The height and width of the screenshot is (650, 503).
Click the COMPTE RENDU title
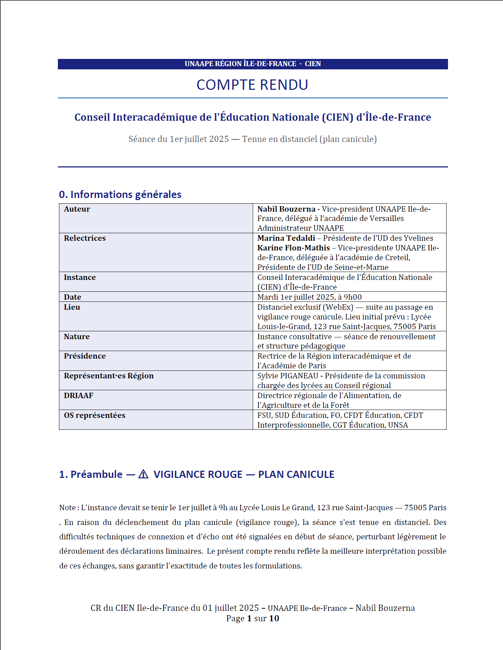click(x=252, y=85)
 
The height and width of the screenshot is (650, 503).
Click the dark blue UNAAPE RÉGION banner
click(x=252, y=64)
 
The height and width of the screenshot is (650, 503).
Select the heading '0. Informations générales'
click(x=120, y=194)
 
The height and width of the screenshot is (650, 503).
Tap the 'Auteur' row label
click(x=77, y=209)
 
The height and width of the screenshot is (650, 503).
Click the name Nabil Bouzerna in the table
click(x=286, y=209)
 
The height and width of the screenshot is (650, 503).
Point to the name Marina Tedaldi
click(x=286, y=238)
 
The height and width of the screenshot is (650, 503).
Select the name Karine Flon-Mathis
click(x=293, y=248)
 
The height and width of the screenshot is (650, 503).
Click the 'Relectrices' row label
click(x=85, y=238)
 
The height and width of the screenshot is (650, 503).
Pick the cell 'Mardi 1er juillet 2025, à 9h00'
click(x=309, y=297)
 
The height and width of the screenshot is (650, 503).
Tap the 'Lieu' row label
click(x=72, y=307)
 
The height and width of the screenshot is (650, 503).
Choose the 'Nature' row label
click(x=77, y=337)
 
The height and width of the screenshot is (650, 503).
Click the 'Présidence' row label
click(x=85, y=356)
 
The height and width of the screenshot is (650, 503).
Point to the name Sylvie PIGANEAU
click(x=288, y=376)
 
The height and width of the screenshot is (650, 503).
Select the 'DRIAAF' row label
click(x=78, y=396)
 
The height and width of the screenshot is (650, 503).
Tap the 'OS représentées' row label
click(x=95, y=415)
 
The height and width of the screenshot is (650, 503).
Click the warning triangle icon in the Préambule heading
click(x=143, y=474)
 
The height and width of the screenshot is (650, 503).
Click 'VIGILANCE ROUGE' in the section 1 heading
click(x=198, y=475)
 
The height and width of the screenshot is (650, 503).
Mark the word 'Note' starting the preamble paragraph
click(x=67, y=508)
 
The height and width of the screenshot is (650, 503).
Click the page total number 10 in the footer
click(x=274, y=618)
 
